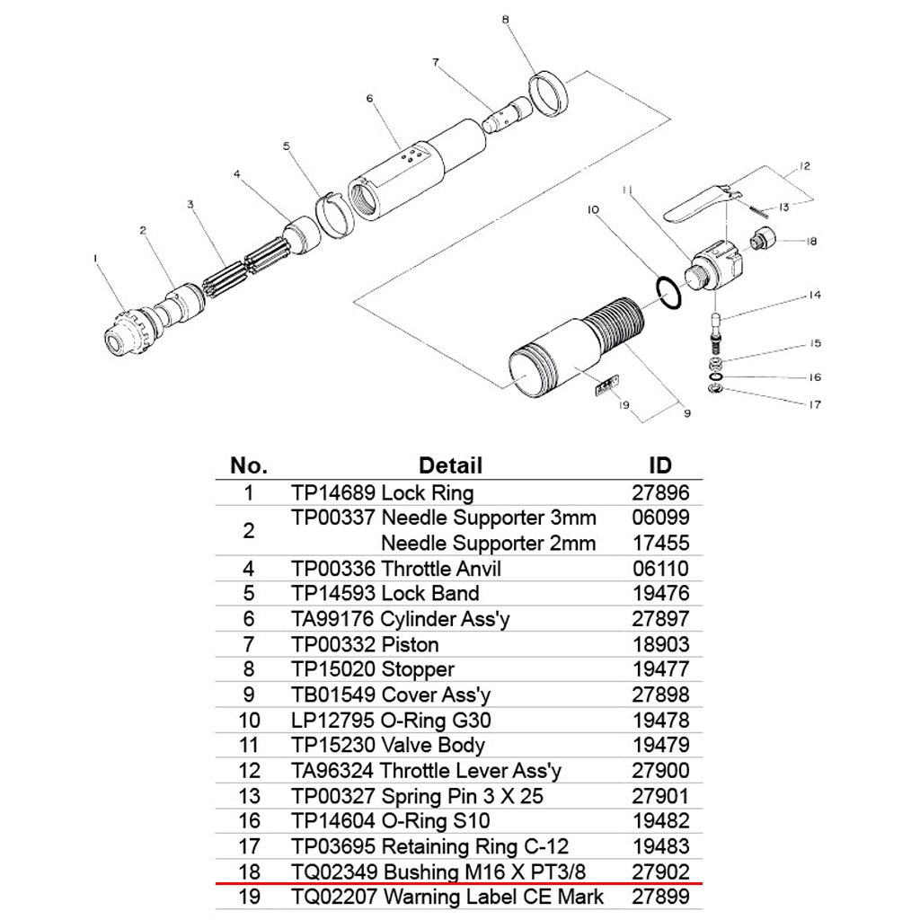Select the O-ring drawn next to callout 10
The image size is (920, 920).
point(665,292)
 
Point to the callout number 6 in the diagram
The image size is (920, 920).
point(369,98)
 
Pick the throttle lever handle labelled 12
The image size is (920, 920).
point(695,203)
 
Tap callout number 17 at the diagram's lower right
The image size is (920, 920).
point(813,405)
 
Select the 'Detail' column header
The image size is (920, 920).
point(450,465)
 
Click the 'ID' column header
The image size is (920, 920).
point(660,465)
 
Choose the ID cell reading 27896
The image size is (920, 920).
point(660,492)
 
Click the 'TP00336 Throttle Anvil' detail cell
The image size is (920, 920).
point(396,569)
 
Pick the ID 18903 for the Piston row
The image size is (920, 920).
point(660,644)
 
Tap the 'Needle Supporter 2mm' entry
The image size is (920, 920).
point(488,543)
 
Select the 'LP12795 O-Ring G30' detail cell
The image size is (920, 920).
point(391,720)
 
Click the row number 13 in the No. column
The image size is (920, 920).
point(249,796)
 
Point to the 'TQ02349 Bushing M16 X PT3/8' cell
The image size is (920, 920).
point(447,871)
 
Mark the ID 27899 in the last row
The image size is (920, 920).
point(660,896)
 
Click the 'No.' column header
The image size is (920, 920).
point(249,465)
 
